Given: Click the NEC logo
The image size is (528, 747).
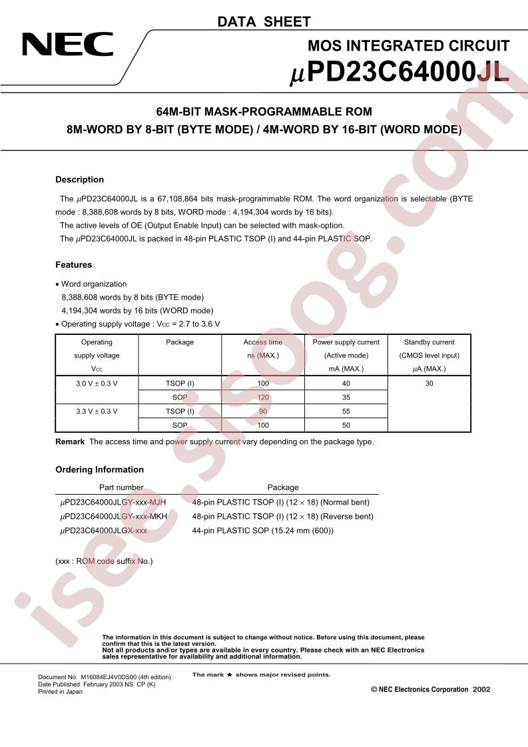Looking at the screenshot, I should click(68, 45).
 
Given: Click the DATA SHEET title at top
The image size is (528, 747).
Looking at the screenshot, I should click(264, 22).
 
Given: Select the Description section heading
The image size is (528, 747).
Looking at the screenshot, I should click(79, 180).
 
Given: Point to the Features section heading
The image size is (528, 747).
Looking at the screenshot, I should click(73, 265).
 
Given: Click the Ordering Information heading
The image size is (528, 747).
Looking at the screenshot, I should click(99, 469).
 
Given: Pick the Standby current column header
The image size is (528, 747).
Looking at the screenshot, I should click(429, 342).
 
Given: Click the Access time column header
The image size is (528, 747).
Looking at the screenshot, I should click(262, 342).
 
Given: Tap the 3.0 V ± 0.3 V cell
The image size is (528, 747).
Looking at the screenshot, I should click(97, 383).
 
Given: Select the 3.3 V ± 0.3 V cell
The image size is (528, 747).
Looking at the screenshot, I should click(97, 411).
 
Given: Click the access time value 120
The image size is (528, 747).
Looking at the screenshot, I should click(262, 397).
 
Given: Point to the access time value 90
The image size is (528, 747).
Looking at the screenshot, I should click(262, 411).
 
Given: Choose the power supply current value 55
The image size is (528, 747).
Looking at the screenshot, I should click(346, 411).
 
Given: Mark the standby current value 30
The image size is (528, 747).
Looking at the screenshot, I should click(429, 383).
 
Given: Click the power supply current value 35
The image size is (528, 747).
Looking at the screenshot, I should click(346, 397).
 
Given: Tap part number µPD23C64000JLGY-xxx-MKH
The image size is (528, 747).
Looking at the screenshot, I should click(113, 516).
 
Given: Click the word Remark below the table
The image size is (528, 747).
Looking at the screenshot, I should click(70, 441).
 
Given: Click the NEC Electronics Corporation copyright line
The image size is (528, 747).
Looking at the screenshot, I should click(430, 689).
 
